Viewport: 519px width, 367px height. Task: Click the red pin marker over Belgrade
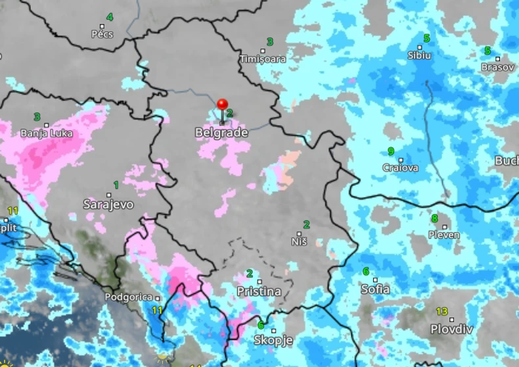click(x=222, y=105)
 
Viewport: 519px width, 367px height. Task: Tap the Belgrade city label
click(x=221, y=133)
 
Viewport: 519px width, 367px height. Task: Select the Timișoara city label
click(x=263, y=59)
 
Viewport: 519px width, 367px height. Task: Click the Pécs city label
click(x=102, y=34)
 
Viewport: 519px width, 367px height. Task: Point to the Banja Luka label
click(x=47, y=133)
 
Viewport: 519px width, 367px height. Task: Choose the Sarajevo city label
click(x=108, y=205)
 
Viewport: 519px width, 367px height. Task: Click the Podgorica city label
click(x=132, y=297)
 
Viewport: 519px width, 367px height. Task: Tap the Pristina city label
click(x=259, y=291)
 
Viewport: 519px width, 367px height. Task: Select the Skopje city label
click(x=273, y=341)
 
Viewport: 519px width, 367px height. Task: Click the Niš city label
click(x=299, y=241)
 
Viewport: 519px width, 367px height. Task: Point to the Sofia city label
click(x=375, y=289)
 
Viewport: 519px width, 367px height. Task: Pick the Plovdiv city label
click(x=451, y=329)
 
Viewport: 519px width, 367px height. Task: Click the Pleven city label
click(x=444, y=235)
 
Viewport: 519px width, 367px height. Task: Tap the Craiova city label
click(x=400, y=168)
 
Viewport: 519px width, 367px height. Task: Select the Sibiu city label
click(x=419, y=55)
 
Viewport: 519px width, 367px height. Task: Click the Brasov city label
click(x=497, y=67)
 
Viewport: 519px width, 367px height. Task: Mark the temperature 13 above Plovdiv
click(x=441, y=312)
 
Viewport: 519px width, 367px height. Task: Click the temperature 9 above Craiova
click(x=391, y=151)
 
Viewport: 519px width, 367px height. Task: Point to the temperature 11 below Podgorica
click(x=157, y=310)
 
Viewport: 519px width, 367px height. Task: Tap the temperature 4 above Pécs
click(x=109, y=17)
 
